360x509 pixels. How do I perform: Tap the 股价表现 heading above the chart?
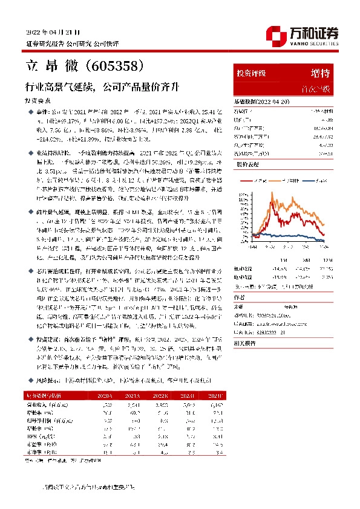[246, 164]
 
